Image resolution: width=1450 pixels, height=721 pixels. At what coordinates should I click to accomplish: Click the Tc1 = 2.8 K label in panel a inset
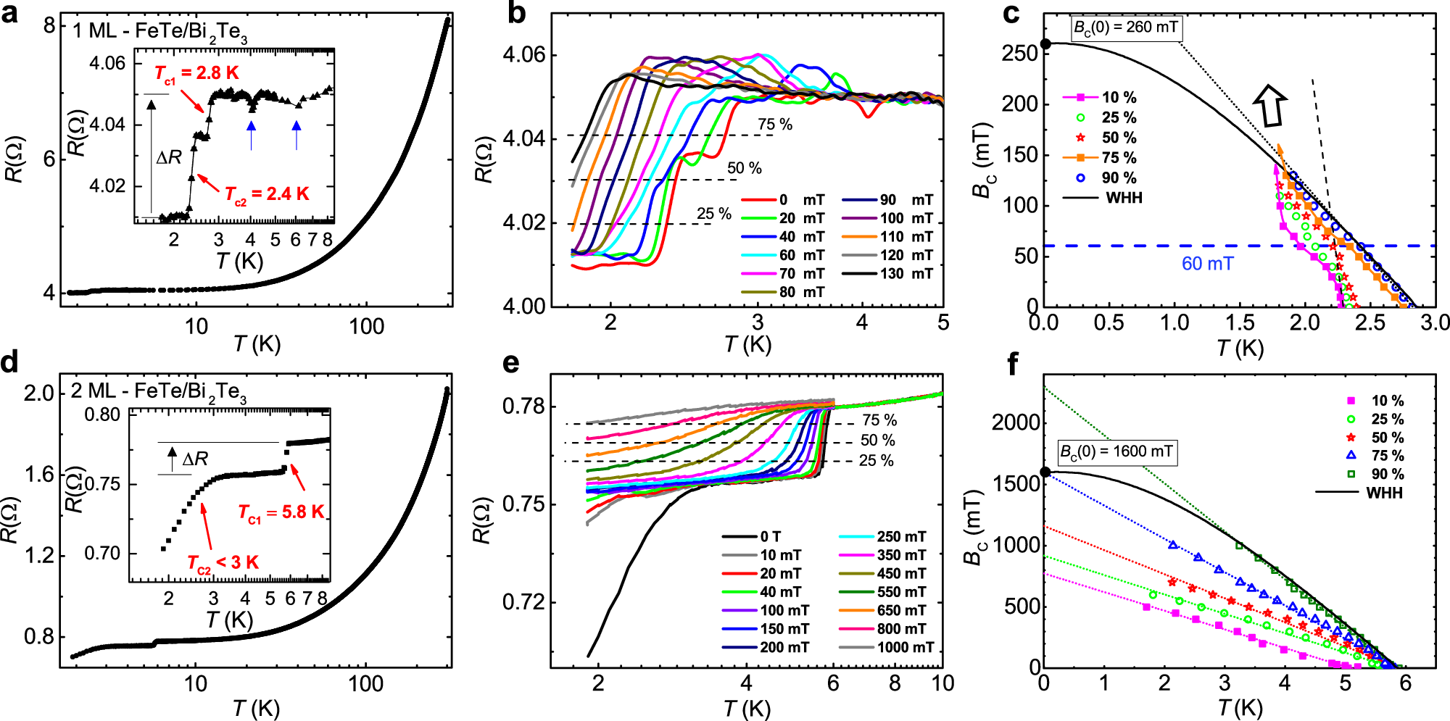coord(196,73)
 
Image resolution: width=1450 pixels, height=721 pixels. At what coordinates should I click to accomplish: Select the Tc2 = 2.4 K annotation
coord(267,194)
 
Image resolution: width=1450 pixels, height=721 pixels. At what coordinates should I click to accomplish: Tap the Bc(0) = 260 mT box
coord(1125,28)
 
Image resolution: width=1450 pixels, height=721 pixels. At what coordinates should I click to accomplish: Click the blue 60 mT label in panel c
coord(1207,264)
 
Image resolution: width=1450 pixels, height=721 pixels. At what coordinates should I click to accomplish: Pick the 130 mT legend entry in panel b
coord(888,274)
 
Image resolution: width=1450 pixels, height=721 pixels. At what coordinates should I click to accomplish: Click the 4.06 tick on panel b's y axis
coord(523,55)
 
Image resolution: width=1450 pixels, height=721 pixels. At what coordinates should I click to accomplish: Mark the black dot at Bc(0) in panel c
coord(1045,43)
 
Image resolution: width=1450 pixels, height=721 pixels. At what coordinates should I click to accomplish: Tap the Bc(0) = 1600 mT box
coord(1116,452)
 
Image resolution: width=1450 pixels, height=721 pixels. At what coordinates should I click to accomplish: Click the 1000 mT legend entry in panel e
coord(886,647)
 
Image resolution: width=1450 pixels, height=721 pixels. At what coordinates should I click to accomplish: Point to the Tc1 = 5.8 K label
coord(281,512)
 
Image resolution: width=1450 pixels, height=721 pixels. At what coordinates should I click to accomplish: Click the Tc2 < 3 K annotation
coord(223,563)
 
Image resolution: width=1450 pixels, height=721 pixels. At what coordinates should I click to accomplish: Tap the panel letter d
coord(10,362)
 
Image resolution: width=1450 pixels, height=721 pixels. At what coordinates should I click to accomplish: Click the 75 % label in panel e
coord(879,420)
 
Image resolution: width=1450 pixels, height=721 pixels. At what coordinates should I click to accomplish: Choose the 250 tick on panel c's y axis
coord(1021,53)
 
